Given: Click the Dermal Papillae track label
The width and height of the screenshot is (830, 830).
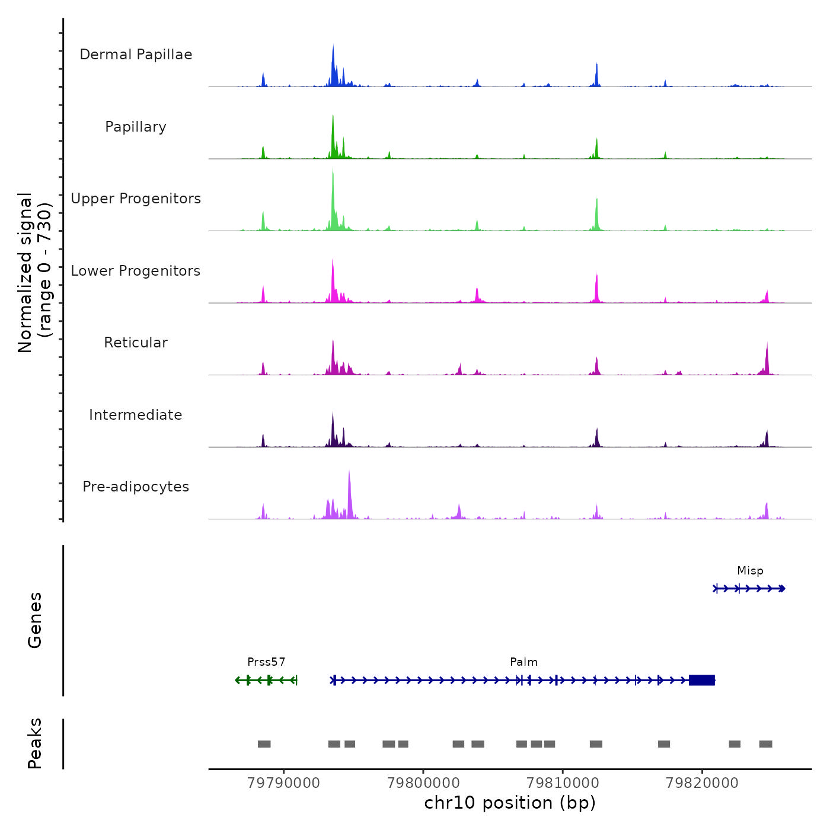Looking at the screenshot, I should point(136,55).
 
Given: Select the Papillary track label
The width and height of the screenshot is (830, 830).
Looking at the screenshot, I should point(136,127).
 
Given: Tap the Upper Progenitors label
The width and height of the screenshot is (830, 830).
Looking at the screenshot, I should point(136,199).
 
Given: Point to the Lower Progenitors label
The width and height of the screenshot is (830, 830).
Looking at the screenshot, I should point(136,271).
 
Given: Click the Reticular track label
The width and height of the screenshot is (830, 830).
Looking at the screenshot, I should point(136,343).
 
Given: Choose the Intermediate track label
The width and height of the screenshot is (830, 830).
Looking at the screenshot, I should point(136,415).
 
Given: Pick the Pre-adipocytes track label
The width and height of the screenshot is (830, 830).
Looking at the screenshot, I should point(136,487).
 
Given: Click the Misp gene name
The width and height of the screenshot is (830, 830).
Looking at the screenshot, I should point(750,570).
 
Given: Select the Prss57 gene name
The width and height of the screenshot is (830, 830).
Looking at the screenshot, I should point(266,662).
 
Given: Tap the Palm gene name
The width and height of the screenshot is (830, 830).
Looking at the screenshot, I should point(523,662).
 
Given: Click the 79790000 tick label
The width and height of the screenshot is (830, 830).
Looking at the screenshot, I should point(283,783).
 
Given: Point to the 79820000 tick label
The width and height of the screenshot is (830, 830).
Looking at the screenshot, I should point(702,783).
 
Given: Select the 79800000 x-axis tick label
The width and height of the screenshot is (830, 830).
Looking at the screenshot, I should point(423,783).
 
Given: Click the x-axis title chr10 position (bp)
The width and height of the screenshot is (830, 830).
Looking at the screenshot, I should point(510,803).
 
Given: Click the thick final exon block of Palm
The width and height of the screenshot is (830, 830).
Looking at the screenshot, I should point(702,680).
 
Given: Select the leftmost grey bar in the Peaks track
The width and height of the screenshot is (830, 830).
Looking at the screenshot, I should point(264,744).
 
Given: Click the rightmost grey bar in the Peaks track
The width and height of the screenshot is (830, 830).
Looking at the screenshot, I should point(765,744).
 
